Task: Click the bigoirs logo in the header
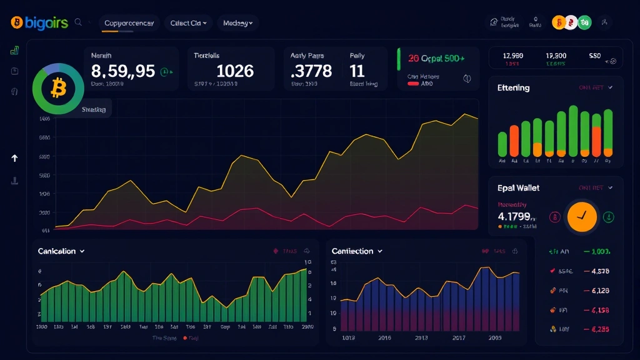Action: [38, 23]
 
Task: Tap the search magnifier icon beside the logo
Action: [79, 22]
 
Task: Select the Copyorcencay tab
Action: [129, 23]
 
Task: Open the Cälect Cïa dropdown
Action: [188, 23]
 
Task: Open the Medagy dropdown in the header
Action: [237, 23]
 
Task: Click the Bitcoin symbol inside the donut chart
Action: [58, 89]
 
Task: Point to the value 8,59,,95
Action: [123, 71]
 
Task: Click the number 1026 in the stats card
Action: [235, 71]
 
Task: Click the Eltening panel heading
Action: [513, 88]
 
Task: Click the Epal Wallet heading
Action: [518, 187]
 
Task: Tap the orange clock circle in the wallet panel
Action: [581, 217]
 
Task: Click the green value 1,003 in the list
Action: [596, 251]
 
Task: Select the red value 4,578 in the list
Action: [596, 271]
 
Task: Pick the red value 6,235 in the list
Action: [596, 329]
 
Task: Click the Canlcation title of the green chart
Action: [57, 251]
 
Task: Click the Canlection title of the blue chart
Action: [352, 251]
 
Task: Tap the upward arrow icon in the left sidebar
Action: [14, 158]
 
